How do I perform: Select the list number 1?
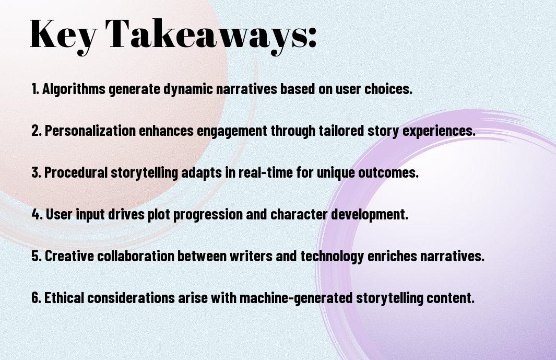point(35,89)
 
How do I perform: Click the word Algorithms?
point(74,89)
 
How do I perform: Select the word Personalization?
point(90,131)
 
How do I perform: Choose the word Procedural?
point(76,172)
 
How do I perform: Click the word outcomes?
point(388,172)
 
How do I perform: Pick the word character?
point(299,214)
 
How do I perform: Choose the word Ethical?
point(64,297)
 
